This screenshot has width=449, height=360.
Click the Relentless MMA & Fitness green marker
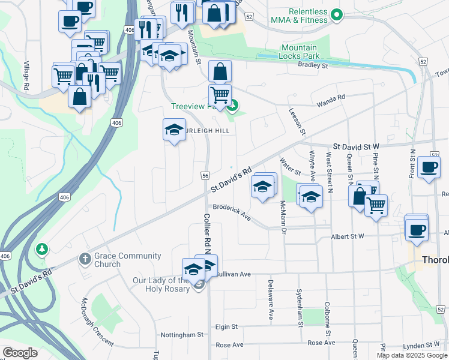coord(337,16)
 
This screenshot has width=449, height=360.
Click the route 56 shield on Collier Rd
coord(205,175)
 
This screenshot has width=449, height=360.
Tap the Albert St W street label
coord(348,237)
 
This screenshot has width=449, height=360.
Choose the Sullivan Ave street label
coord(234,274)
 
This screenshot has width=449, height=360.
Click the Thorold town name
coord(435,260)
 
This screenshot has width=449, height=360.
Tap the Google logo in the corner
coord(20,352)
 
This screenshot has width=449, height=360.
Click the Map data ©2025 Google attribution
coord(411,355)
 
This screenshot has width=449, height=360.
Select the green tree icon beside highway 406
coord(41,248)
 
